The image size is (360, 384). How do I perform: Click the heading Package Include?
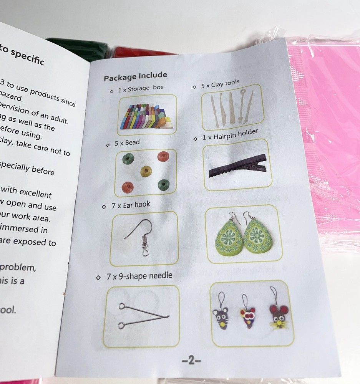point(135,76)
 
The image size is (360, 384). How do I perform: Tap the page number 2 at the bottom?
point(191,361)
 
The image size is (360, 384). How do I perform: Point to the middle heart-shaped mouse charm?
point(248,317)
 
